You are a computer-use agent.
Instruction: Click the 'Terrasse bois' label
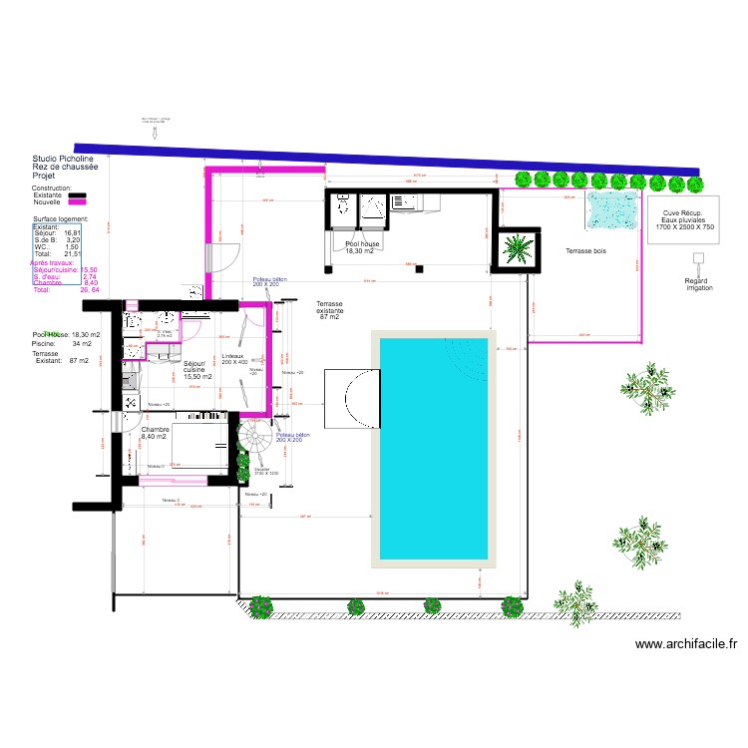[x=585, y=251]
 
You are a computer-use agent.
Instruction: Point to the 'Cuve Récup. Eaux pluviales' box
[x=685, y=220]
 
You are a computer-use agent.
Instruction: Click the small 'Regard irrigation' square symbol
[x=699, y=257]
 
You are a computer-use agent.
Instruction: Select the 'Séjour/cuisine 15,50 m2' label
[x=197, y=370]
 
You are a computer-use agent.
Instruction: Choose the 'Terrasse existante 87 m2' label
[x=329, y=310]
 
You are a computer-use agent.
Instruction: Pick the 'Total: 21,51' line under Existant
[x=57, y=254]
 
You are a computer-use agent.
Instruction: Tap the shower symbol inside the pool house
[x=376, y=206]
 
